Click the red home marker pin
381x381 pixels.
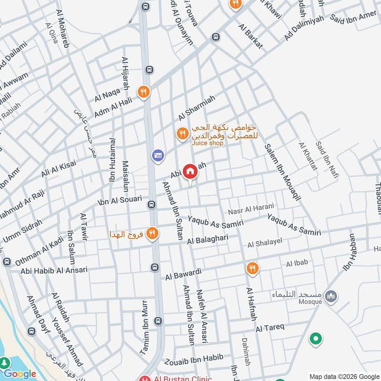(x=190, y=171)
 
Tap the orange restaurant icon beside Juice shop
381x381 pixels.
(x=181, y=134)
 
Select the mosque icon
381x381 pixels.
(x=331, y=297)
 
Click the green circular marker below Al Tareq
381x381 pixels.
(x=315, y=339)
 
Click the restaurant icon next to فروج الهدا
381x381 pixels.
(x=152, y=233)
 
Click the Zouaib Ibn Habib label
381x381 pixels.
(x=193, y=359)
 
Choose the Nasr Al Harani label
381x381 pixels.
(x=251, y=207)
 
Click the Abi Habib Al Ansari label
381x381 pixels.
(x=54, y=270)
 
